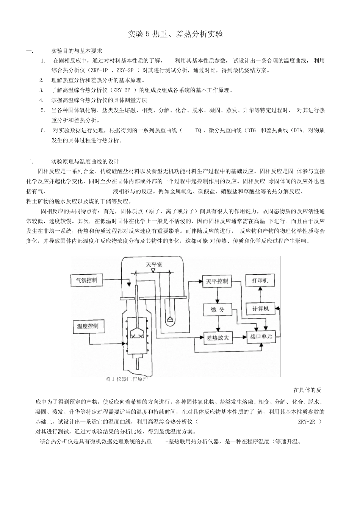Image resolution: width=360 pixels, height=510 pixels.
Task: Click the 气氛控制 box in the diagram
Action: pos(87,280)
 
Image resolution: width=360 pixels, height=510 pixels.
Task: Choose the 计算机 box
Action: pos(261,308)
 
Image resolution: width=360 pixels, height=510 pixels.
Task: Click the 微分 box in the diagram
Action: pos(217,309)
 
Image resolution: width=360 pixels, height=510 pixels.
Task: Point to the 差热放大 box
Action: pos(218,338)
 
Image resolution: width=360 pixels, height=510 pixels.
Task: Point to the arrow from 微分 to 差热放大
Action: pos(217,323)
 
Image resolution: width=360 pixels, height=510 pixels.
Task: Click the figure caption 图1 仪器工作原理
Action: pos(127,379)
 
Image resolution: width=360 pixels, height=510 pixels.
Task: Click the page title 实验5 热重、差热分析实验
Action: pos(175,34)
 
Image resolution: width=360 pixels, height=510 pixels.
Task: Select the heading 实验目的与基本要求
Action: pos(77,51)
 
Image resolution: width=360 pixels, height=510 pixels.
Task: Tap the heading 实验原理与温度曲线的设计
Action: pos(85,161)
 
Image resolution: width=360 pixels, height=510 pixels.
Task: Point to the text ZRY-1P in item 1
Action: pos(100,70)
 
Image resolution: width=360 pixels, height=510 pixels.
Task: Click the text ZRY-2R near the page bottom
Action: pos(307,422)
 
